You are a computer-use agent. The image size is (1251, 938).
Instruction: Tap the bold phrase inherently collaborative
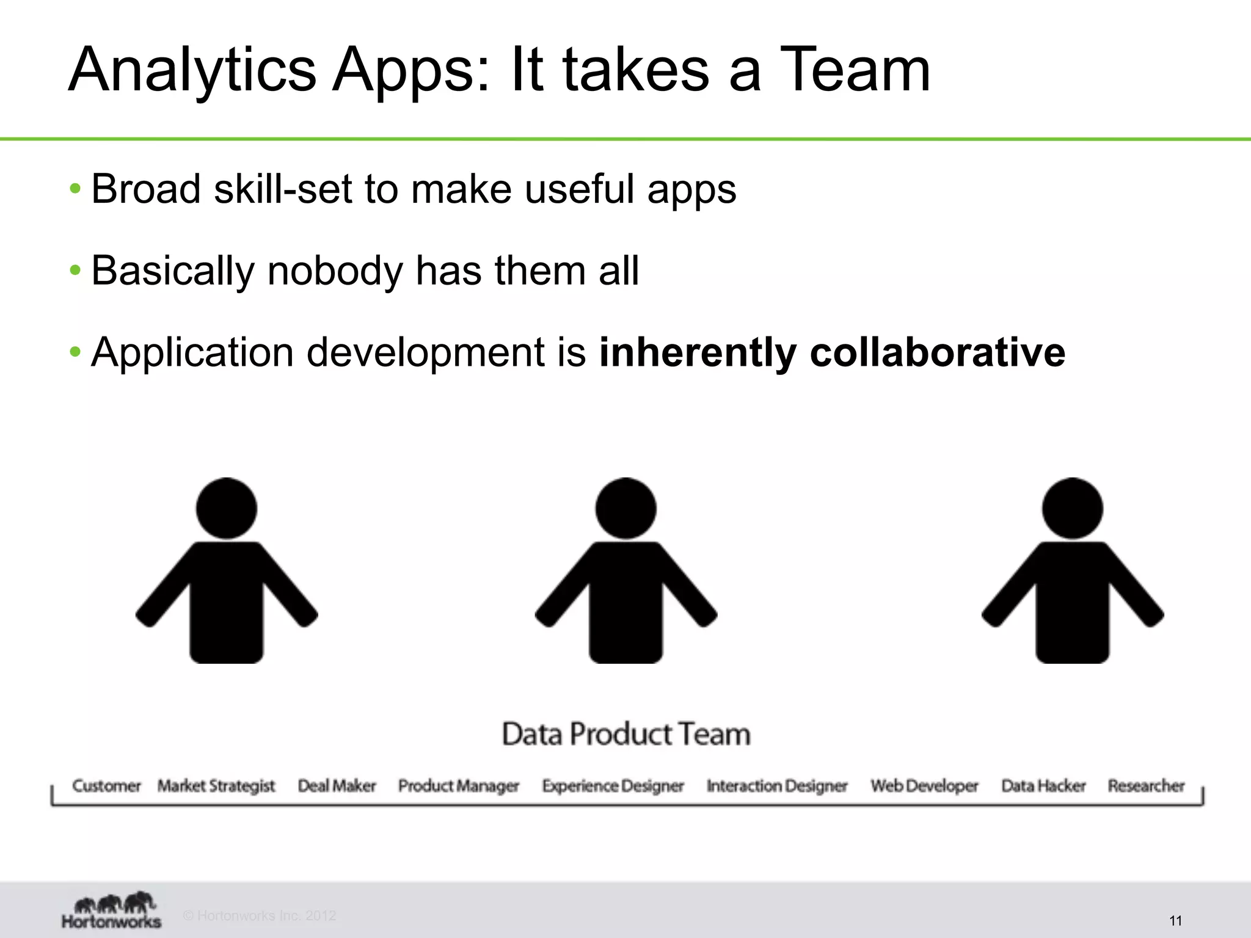click(x=832, y=352)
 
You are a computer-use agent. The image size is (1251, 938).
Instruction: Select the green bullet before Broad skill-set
click(x=75, y=188)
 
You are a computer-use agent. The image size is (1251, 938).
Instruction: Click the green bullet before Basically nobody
click(x=75, y=270)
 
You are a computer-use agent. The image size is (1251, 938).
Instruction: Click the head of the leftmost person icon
click(x=227, y=508)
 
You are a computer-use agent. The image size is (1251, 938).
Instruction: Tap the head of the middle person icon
click(x=625, y=508)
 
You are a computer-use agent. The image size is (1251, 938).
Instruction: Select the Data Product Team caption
click(x=626, y=733)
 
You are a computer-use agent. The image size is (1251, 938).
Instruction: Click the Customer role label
click(x=106, y=785)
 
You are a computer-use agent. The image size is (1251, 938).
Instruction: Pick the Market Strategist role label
click(x=216, y=785)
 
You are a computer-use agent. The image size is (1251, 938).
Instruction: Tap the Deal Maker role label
click(x=337, y=785)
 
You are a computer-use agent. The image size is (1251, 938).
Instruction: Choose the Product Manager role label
click(x=458, y=785)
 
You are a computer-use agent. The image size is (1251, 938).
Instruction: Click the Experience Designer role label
click(x=613, y=785)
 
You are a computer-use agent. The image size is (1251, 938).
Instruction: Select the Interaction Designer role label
click(x=777, y=785)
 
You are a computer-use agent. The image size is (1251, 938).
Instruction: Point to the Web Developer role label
click(x=924, y=785)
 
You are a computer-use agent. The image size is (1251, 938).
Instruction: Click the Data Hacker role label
click(x=1043, y=785)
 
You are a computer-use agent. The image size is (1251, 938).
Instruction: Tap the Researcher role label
click(x=1146, y=785)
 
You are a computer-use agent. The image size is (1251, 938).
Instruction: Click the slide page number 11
click(x=1175, y=920)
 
